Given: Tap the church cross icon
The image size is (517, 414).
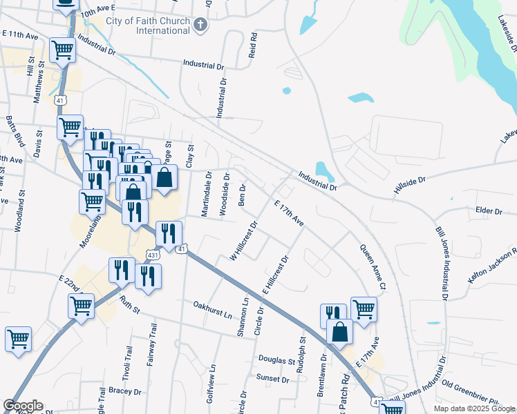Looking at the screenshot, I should (x=200, y=26).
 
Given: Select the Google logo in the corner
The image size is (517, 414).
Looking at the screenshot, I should (x=23, y=406).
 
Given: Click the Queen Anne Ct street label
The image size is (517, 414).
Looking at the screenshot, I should (x=372, y=267).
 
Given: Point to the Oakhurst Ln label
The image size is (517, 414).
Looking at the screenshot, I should (x=212, y=308).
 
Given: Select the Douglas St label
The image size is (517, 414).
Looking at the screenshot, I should (x=277, y=360).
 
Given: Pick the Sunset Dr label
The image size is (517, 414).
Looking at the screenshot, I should (x=272, y=379).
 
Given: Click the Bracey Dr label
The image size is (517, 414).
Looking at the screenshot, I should (x=124, y=391).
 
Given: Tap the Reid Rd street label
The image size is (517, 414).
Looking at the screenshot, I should (x=253, y=44).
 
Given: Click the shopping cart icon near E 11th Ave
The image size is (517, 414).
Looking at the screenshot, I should (x=62, y=50).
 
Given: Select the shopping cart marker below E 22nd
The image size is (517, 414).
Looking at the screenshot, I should (x=81, y=305).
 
